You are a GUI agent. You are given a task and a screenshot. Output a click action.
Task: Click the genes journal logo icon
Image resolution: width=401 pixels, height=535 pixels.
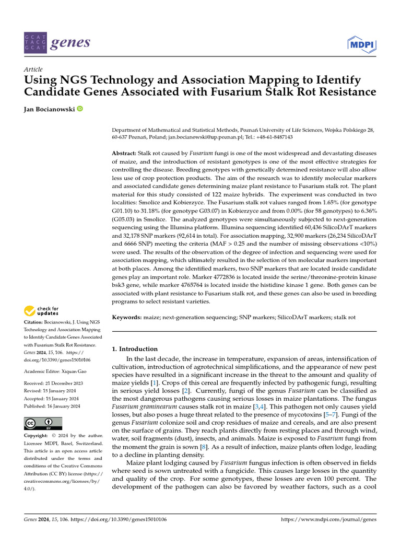pyautogui.click(x=35, y=42)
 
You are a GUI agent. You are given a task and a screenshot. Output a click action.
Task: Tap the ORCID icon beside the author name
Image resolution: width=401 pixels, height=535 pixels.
pyautogui.click(x=80, y=109)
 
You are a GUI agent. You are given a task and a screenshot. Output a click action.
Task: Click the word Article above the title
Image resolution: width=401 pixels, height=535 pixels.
pyautogui.click(x=33, y=69)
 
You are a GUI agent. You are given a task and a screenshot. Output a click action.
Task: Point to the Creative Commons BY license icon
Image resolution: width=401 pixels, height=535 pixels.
pyautogui.click(x=43, y=423)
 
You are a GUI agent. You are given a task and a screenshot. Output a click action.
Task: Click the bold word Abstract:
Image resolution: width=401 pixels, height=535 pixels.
pyautogui.click(x=124, y=153)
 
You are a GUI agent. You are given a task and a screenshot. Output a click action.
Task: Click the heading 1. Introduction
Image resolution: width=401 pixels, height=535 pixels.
pyautogui.click(x=135, y=349)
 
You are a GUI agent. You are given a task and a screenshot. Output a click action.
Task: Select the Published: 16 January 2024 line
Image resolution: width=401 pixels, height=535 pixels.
pyautogui.click(x=52, y=406)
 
